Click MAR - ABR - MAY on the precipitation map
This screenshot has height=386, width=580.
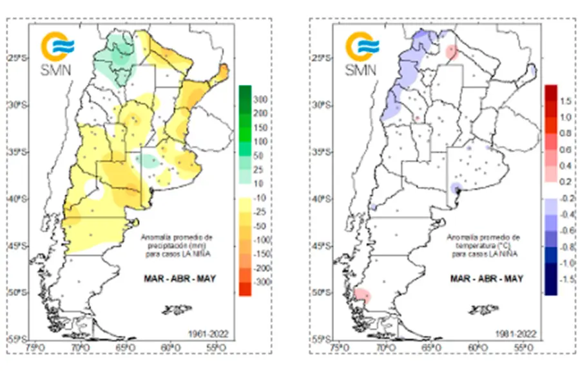coord(179,278)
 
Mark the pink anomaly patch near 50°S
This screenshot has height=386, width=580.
coord(363,295)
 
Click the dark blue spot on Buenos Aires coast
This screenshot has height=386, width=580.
coord(457,188)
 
